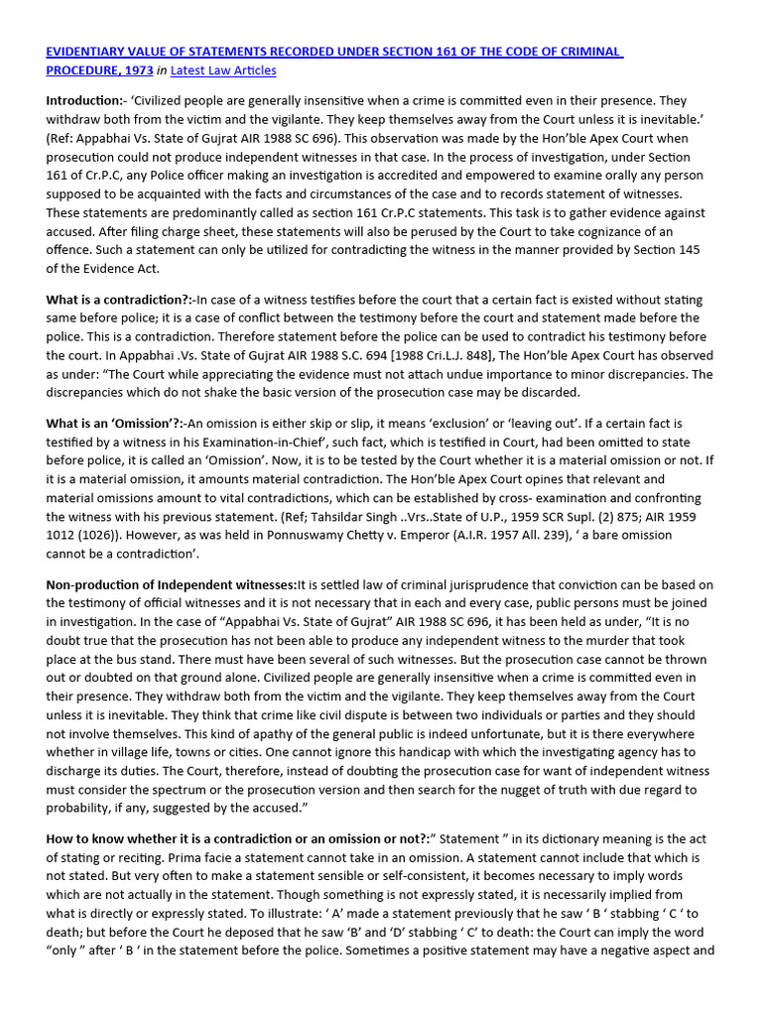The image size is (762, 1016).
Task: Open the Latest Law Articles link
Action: click(223, 70)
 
